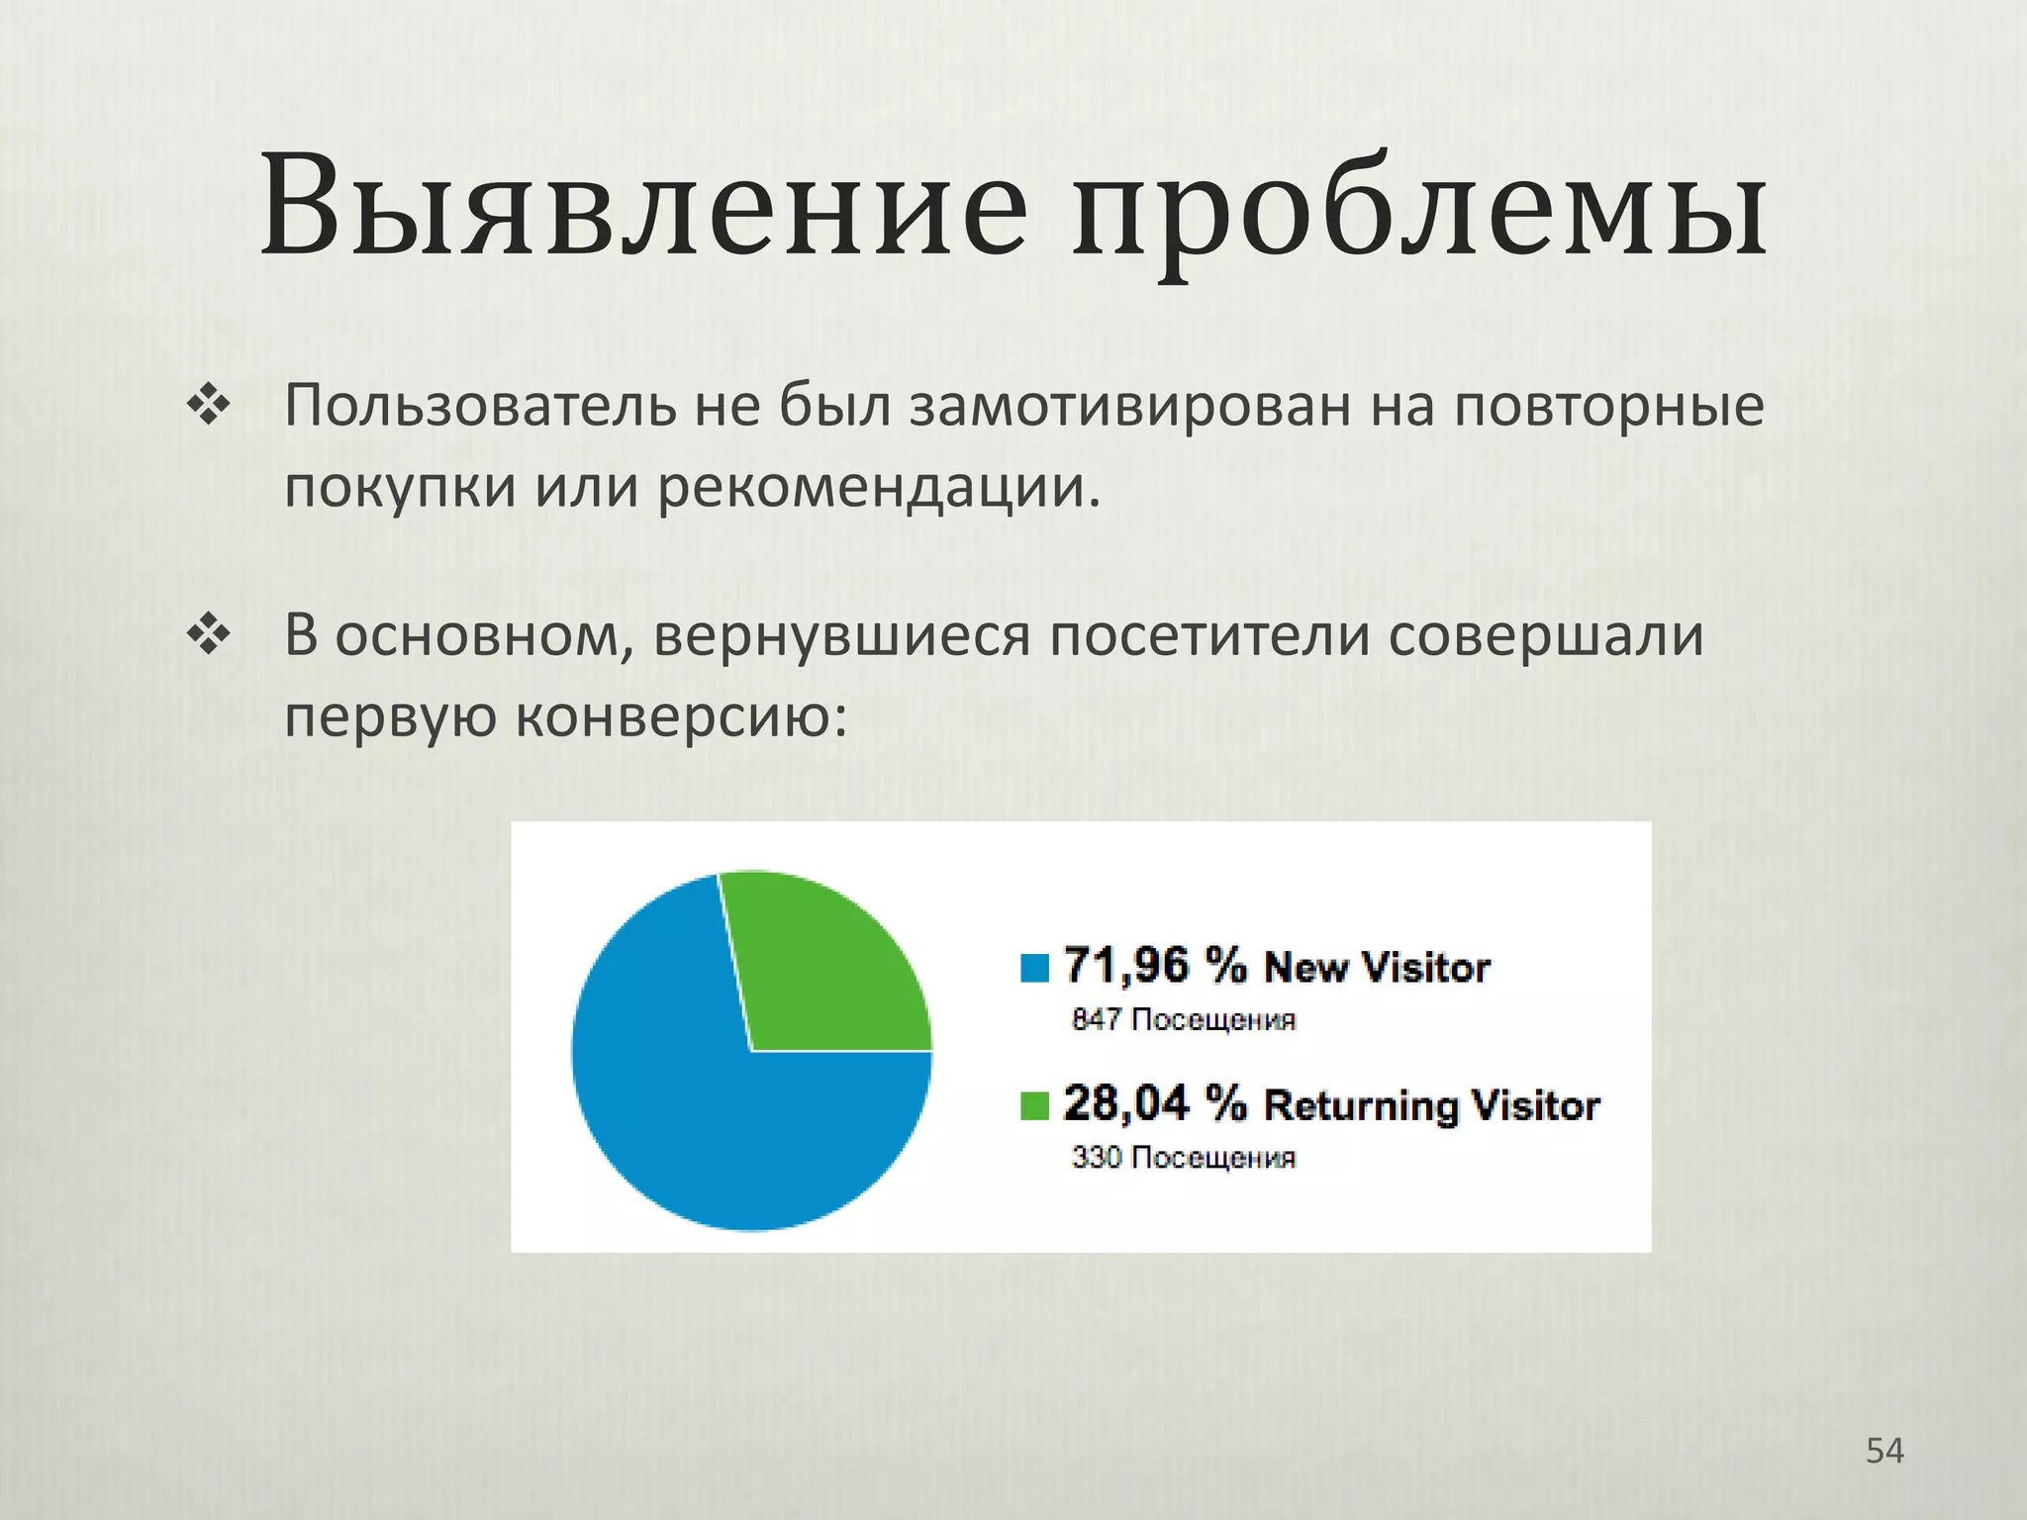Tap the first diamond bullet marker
[209, 406]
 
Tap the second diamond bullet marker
[209, 635]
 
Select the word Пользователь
[479, 406]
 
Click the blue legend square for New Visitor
[1034, 967]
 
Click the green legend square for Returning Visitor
[1034, 1105]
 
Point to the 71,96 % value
[1154, 965]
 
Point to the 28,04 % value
[1154, 1103]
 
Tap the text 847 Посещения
[1183, 1019]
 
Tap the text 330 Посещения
[1183, 1157]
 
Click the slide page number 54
[1884, 1451]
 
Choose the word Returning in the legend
[1360, 1105]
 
